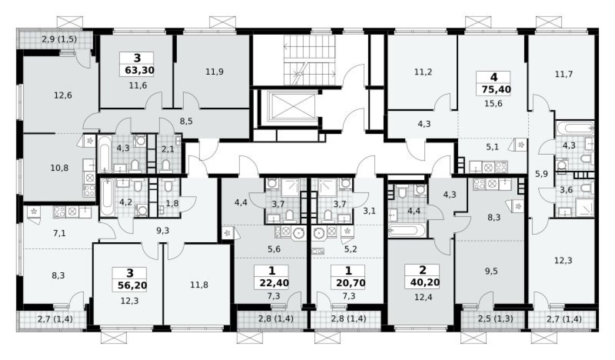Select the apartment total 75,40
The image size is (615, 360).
(493, 90)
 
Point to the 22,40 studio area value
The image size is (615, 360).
(271, 283)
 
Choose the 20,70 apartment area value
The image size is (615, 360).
(348, 283)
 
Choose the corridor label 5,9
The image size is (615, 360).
(542, 174)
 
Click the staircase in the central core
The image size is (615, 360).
(310, 60)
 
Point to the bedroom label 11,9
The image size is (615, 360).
(214, 71)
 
